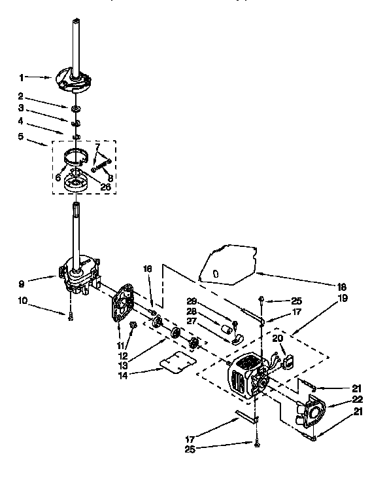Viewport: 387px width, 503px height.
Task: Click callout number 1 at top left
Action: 22,77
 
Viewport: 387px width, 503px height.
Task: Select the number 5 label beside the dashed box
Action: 22,136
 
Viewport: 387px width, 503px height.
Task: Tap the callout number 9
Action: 22,284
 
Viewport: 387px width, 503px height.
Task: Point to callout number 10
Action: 23,302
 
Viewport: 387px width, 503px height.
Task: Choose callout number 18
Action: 341,286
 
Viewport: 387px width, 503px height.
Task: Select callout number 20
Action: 277,338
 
